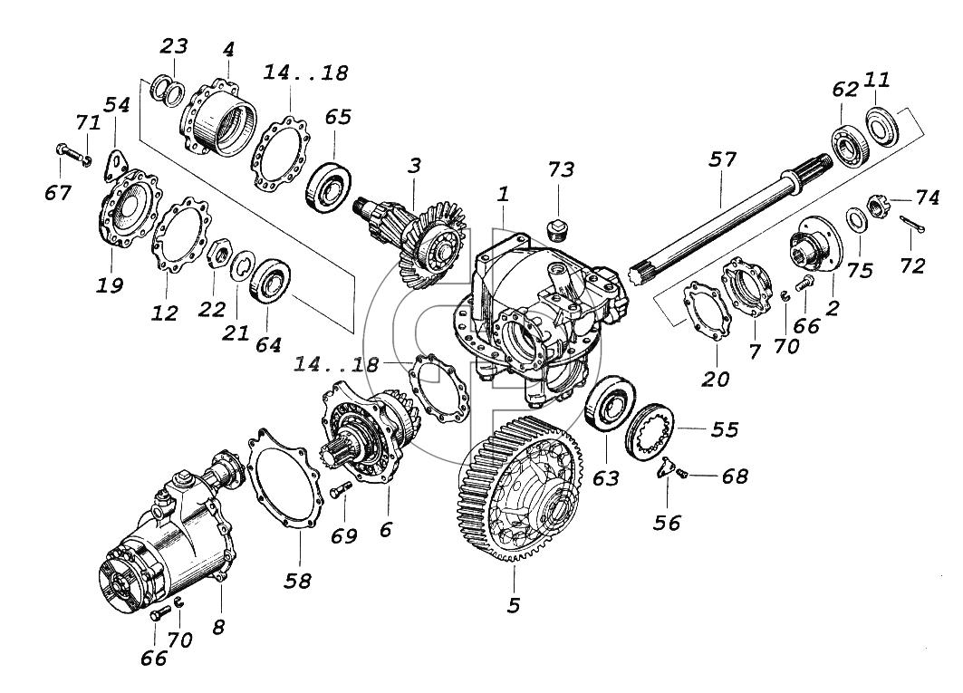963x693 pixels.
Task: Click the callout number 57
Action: click(722, 159)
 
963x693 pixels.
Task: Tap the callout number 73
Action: click(561, 169)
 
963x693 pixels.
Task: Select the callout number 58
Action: click(297, 581)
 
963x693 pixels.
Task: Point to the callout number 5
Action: click(514, 605)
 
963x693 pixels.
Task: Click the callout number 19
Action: click(110, 285)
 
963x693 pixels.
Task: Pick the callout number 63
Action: click(605, 478)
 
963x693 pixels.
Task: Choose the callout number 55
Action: click(725, 428)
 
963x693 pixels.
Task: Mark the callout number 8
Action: click(218, 627)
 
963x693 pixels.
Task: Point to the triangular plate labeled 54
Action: click(115, 164)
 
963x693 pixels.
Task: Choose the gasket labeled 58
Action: click(286, 477)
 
